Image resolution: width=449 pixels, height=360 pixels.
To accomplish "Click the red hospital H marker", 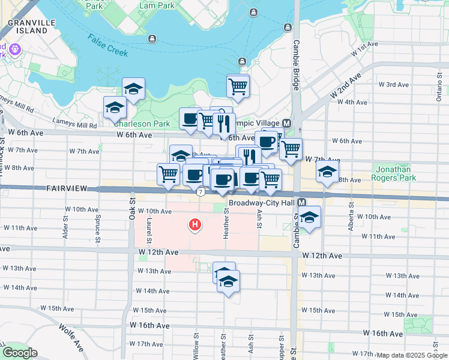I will (x=194, y=226).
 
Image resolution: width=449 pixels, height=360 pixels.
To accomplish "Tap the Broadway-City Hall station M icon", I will (x=302, y=203).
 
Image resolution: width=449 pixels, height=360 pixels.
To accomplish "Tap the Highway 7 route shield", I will (x=200, y=191).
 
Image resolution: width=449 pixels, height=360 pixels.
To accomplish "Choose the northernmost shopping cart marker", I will (x=238, y=85).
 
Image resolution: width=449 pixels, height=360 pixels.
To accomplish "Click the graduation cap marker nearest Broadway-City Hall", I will (x=310, y=216).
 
